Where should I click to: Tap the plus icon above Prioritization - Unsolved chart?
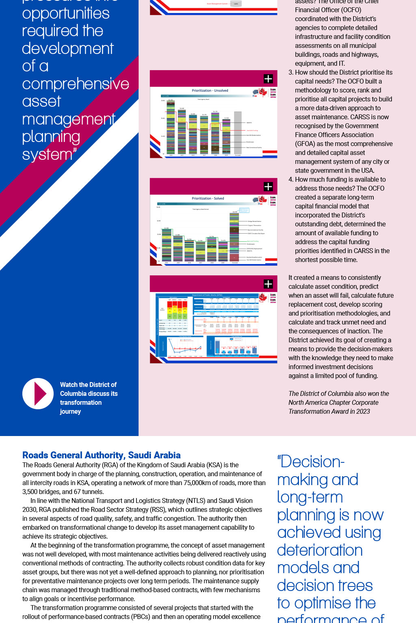pos(268,79)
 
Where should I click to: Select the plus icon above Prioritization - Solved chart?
pos(268,187)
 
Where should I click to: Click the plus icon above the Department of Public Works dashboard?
pos(268,284)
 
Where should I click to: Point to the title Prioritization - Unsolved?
pos(210,90)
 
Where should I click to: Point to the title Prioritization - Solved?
pos(208,198)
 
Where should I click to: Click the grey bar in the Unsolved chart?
pos(238,133)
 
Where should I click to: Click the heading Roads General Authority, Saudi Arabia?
pos(101,455)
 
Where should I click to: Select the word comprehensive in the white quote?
pos(76,84)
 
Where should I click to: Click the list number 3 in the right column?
pos(290,73)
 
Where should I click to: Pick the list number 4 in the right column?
pos(290,180)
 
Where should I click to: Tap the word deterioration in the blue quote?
pos(319,550)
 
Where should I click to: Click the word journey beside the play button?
pos(70,412)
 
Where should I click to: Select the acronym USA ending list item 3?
pos(367,171)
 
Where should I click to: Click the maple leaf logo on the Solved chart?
pos(263,199)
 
